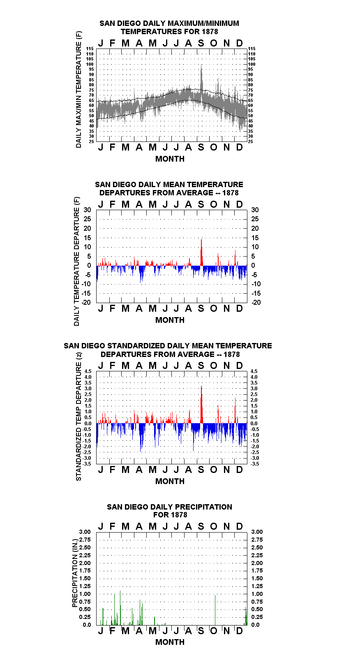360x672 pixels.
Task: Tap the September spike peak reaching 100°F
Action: [x=201, y=65]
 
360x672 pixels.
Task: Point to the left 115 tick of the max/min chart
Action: [x=90, y=49]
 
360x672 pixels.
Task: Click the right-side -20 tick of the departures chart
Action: [x=256, y=302]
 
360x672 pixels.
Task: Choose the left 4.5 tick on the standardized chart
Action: [x=88, y=371]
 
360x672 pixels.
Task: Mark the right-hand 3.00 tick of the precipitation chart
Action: [x=257, y=532]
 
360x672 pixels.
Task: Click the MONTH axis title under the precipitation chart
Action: [x=170, y=642]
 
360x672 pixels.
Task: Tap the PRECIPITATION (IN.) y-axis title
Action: [x=75, y=574]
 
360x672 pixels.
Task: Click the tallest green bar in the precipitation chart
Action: [x=120, y=608]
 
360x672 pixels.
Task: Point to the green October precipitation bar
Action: [x=215, y=610]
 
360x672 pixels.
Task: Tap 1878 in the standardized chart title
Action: [x=232, y=354]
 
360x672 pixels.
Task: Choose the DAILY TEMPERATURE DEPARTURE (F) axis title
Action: [x=77, y=261]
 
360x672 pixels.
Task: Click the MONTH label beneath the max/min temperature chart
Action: [x=170, y=159]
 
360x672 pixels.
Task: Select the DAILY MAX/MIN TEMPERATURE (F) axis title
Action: [x=78, y=89]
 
